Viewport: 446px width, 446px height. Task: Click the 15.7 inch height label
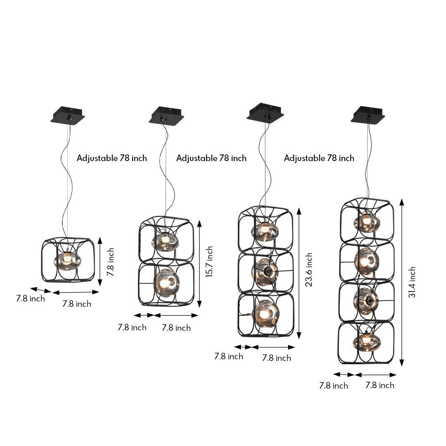[x=210, y=262]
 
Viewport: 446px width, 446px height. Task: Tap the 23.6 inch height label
[x=309, y=270]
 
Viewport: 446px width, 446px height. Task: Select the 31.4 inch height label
[x=412, y=282]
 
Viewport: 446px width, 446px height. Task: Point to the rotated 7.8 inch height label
[x=111, y=261]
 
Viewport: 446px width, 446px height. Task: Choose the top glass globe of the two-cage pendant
[x=165, y=242]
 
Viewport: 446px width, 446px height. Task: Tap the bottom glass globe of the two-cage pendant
[x=166, y=282]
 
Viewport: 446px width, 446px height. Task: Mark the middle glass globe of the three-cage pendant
[x=265, y=271]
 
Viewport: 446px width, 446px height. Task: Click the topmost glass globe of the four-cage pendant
[x=367, y=223]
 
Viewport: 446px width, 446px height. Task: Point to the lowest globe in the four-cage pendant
[x=367, y=342]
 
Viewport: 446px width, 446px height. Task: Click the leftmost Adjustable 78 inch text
[x=112, y=158]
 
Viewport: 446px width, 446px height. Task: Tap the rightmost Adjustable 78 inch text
[x=319, y=158]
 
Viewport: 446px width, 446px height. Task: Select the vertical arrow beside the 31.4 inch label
[x=401, y=282]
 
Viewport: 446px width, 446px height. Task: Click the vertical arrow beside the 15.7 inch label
[x=199, y=263]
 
